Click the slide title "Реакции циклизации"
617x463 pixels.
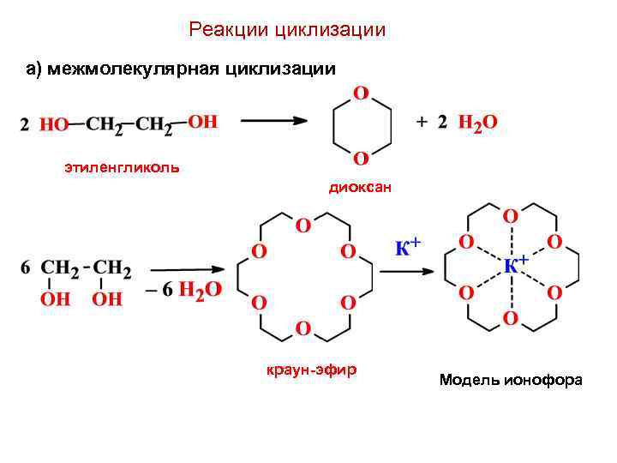pos(287,30)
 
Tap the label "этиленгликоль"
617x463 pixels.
pos(122,166)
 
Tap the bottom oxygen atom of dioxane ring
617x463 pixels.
pos(361,158)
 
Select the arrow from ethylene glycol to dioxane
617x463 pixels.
pos(273,122)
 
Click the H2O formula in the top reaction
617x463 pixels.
pos(477,123)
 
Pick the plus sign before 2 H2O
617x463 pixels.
pos(422,122)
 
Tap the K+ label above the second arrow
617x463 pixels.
pos(407,247)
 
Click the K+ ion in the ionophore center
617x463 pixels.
pos(514,264)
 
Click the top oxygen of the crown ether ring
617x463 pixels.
pos(303,225)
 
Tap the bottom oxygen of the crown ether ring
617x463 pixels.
pos(303,328)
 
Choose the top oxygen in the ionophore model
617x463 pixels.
pos(509,215)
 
